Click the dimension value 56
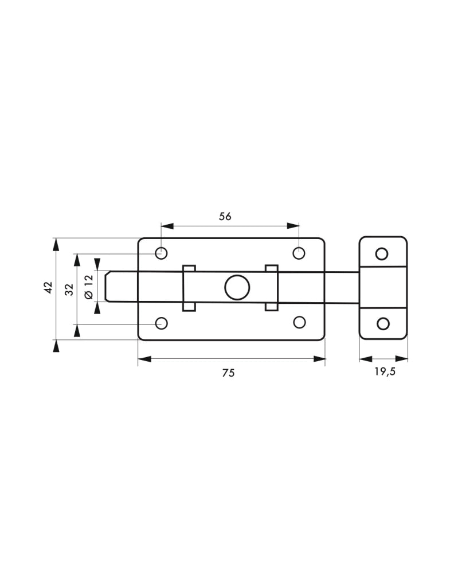pos(225,216)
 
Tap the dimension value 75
pos(228,373)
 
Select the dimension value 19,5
pos(385,371)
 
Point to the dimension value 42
pos(48,288)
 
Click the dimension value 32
pos(69,289)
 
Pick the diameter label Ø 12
pos(88,287)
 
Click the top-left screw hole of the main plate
pos(161,253)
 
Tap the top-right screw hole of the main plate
pos(299,253)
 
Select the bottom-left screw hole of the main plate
pos(161,323)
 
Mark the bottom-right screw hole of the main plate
pos(299,322)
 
